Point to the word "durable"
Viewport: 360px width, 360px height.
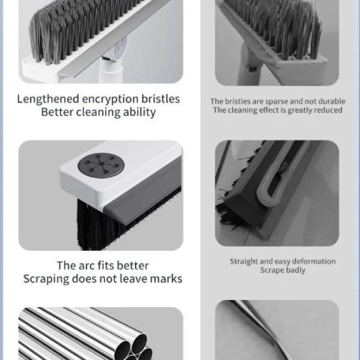(327, 101)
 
